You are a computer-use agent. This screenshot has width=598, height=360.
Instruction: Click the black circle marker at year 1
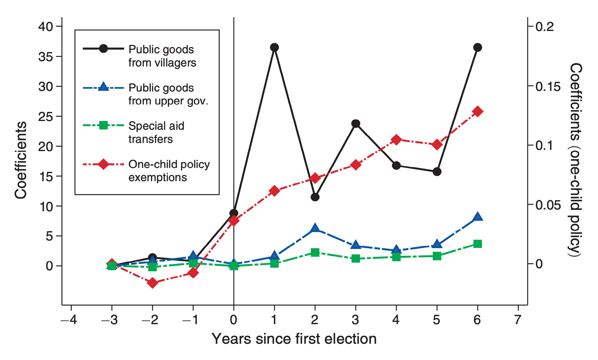tap(274, 47)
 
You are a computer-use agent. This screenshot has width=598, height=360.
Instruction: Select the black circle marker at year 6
tap(477, 47)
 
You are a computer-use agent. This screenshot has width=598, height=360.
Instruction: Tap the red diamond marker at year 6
tap(477, 112)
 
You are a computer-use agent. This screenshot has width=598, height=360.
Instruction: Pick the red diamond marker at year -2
tap(153, 283)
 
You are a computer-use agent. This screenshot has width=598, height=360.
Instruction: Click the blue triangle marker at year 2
tap(315, 228)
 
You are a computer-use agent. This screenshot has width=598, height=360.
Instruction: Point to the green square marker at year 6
tap(477, 244)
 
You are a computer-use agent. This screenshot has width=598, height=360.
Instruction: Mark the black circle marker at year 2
tap(315, 197)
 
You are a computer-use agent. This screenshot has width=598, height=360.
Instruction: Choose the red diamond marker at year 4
tap(396, 140)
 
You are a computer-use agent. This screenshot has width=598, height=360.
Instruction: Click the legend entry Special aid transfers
tap(156, 132)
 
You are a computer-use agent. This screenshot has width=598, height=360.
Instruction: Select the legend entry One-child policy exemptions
tap(169, 171)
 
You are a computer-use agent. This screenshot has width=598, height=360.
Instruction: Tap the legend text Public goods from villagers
tap(162, 56)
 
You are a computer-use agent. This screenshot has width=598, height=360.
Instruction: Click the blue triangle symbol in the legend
tap(103, 87)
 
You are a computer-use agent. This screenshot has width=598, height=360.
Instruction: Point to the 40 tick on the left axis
tap(45, 26)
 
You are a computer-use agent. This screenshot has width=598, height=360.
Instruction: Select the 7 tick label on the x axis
tap(518, 320)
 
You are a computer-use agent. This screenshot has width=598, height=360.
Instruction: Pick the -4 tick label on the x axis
tap(69, 320)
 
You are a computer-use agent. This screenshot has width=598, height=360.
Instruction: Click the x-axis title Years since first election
tap(294, 339)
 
